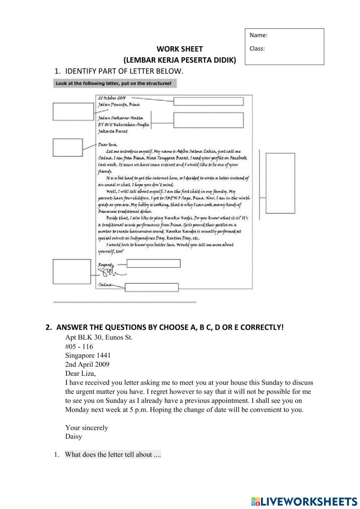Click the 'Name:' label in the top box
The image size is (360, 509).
pyautogui.click(x=258, y=35)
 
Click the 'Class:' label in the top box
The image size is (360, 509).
pyautogui.click(x=257, y=49)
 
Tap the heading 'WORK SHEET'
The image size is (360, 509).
pyautogui.click(x=180, y=49)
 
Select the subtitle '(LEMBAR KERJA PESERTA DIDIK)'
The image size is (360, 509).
pyautogui.click(x=180, y=60)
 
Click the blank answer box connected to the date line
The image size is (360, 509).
pyautogui.click(x=208, y=101)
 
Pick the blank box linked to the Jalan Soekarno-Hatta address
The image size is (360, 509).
pyautogui.click(x=208, y=120)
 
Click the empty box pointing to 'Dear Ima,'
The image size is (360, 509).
pyautogui.click(x=68, y=148)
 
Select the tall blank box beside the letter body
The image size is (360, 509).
pyautogui.click(x=280, y=183)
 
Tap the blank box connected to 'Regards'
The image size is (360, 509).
pyautogui.click(x=153, y=264)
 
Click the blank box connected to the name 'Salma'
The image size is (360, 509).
pyautogui.click(x=152, y=287)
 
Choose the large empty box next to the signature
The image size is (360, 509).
pyautogui.click(x=72, y=272)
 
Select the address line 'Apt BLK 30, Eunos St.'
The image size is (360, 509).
pyautogui.click(x=99, y=338)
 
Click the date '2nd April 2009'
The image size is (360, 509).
pyautogui.click(x=87, y=365)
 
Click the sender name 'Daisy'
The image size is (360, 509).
pyautogui.click(x=73, y=437)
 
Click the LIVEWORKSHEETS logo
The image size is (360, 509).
pyautogui.click(x=304, y=501)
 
